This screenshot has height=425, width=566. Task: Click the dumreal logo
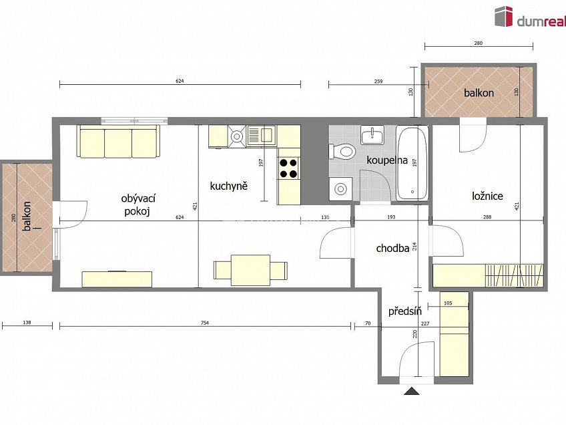click(530, 17)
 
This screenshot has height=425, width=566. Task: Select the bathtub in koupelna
click(412, 163)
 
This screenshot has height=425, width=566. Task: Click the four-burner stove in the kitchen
click(289, 168)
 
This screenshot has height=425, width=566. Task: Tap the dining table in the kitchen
click(250, 270)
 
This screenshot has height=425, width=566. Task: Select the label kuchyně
click(229, 186)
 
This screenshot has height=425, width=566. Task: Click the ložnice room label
click(487, 196)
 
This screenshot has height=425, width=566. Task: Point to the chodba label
click(392, 249)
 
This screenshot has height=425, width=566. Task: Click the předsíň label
click(405, 311)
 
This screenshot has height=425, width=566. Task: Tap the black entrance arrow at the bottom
click(412, 391)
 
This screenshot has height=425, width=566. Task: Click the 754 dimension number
click(205, 323)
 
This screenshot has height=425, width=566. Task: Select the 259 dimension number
click(378, 82)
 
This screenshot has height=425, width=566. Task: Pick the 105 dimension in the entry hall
click(448, 303)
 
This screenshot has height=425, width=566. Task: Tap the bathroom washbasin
click(372, 136)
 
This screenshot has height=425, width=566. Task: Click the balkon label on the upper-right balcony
click(479, 93)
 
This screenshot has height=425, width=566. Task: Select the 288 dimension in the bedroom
click(487, 217)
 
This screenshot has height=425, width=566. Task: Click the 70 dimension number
click(368, 323)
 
